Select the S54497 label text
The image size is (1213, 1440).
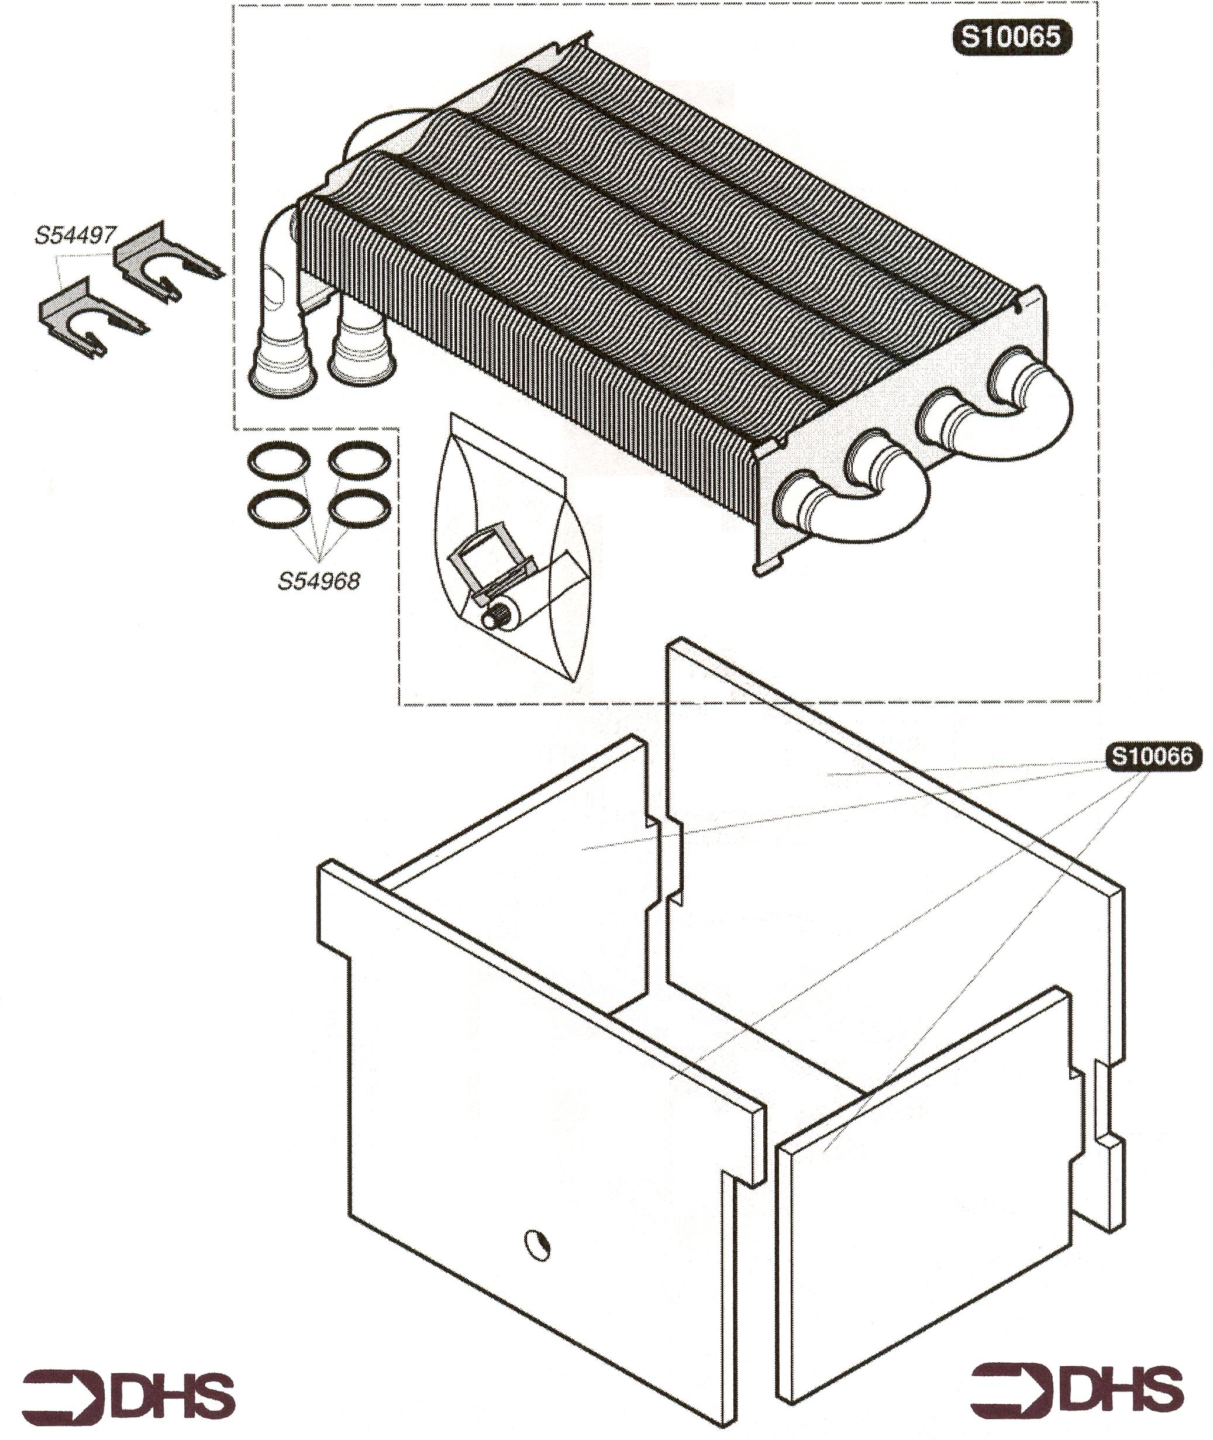(75, 236)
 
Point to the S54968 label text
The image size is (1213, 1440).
(318, 581)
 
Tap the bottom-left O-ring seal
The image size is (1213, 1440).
(278, 509)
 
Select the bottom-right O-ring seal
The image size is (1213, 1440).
(359, 509)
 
